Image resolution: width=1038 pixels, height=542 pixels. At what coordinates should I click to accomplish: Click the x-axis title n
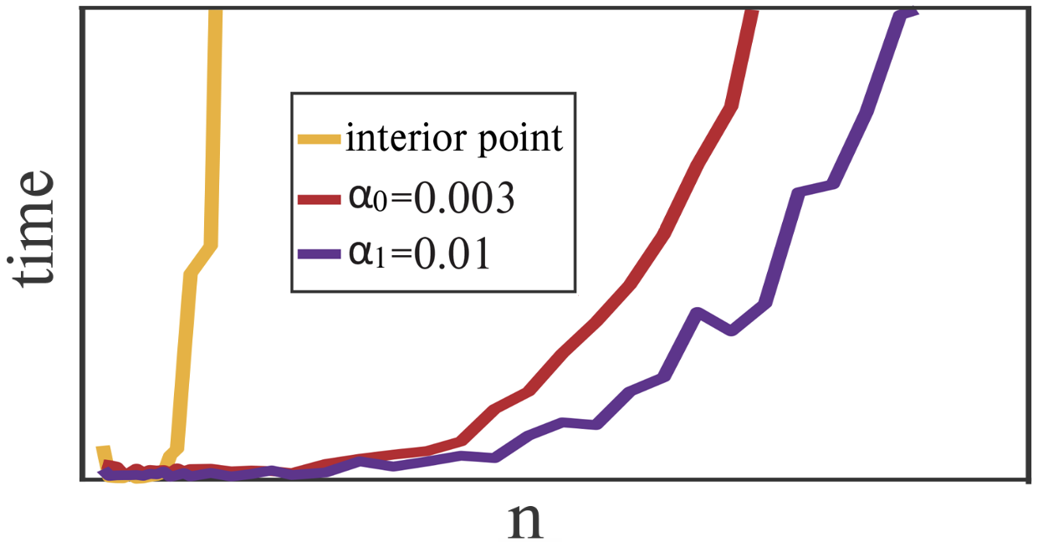(x=525, y=520)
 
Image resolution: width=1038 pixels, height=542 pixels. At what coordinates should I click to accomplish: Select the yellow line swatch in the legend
(x=319, y=139)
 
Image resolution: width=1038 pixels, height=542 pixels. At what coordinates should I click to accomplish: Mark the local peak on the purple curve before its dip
(x=697, y=313)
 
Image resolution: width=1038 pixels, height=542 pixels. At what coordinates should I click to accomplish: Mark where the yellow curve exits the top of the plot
(x=216, y=12)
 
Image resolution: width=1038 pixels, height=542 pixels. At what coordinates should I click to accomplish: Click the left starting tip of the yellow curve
(x=102, y=450)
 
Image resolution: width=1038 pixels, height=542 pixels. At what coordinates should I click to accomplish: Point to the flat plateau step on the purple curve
(x=816, y=188)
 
